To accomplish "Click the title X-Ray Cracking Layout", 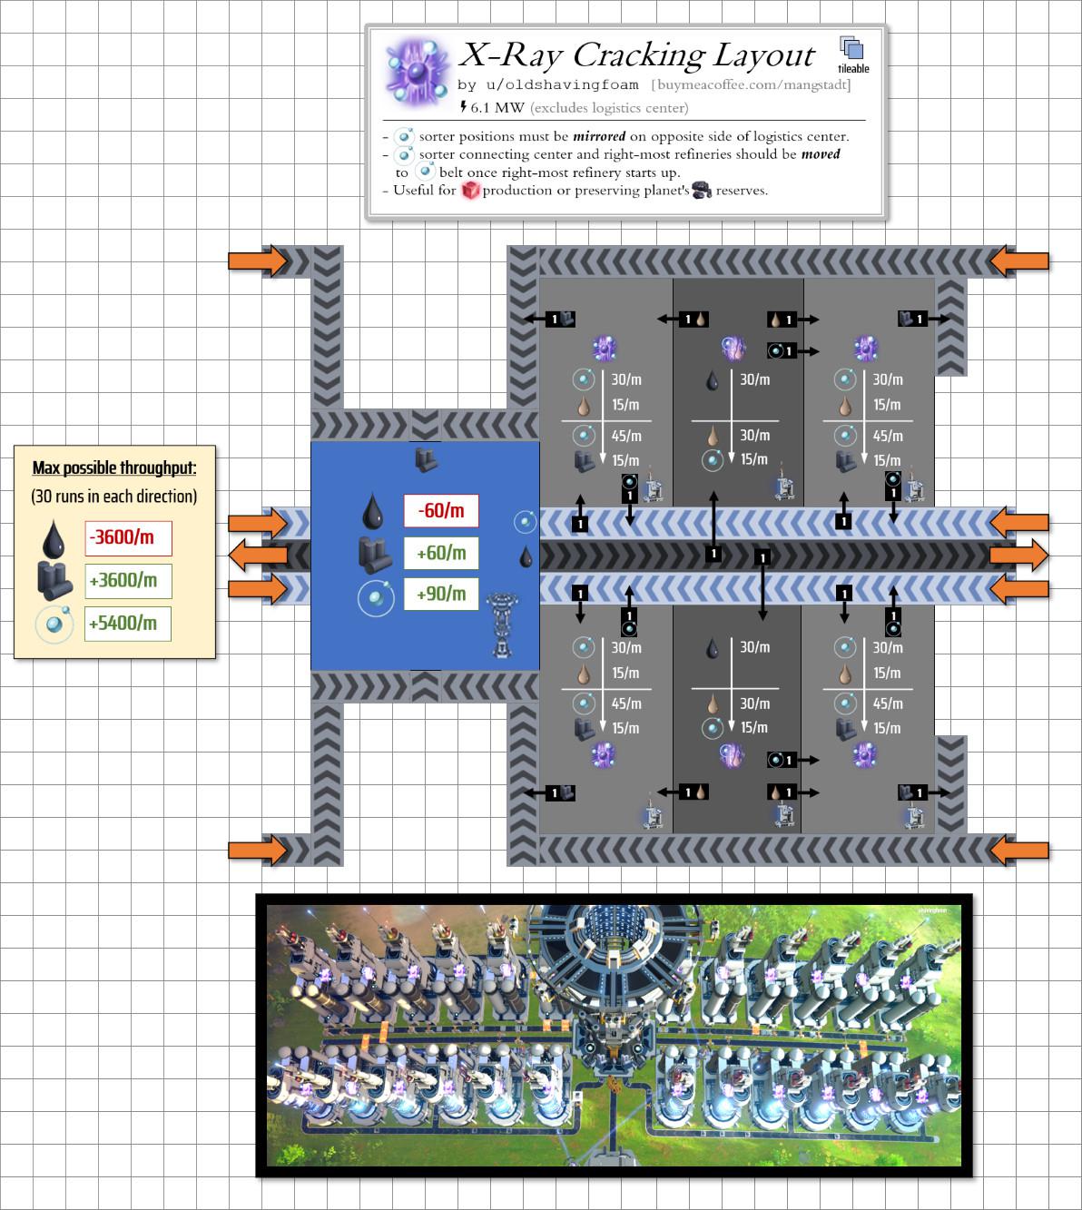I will [x=635, y=55].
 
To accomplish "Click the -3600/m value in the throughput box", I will [x=128, y=537].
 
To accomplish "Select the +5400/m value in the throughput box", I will [x=128, y=624].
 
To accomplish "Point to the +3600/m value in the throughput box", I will [x=128, y=581].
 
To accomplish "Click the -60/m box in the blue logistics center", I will [x=440, y=511].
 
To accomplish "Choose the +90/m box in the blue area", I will [x=440, y=595].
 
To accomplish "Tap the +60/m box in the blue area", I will [x=440, y=553].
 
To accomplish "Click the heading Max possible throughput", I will [x=114, y=468].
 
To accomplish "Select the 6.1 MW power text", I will [x=496, y=108].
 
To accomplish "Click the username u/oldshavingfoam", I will [x=547, y=85].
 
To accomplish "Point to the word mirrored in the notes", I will [x=598, y=136].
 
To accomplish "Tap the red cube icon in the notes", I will [x=470, y=191].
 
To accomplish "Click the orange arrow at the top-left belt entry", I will [x=257, y=261].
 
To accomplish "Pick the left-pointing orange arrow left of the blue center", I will [x=257, y=556].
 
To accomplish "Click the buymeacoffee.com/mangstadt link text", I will [x=751, y=85].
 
